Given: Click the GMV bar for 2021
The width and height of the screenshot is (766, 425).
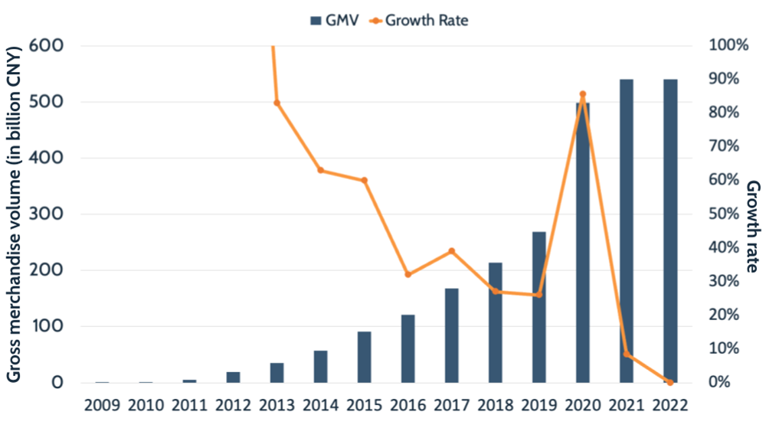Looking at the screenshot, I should pyautogui.click(x=627, y=230).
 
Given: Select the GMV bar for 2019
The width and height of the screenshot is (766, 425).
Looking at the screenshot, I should pyautogui.click(x=539, y=307).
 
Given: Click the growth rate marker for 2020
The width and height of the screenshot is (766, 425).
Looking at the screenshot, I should pyautogui.click(x=583, y=94).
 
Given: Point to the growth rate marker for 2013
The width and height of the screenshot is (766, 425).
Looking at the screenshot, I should pyautogui.click(x=277, y=103).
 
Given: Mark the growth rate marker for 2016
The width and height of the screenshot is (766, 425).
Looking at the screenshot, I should pyautogui.click(x=408, y=274).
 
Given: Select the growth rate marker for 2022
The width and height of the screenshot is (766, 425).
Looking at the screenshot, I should pyautogui.click(x=670, y=382).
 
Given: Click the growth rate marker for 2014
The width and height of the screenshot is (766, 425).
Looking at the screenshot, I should pyautogui.click(x=320, y=170).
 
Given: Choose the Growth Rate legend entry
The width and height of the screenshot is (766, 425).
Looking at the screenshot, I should pyautogui.click(x=417, y=21).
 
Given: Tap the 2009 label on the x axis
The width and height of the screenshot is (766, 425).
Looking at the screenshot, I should pyautogui.click(x=102, y=404).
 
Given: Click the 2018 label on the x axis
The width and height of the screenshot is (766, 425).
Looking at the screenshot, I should pyautogui.click(x=496, y=404).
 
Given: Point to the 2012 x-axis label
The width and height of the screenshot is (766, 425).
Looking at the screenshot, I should pyautogui.click(x=233, y=404).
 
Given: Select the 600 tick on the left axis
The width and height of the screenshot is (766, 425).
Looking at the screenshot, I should pyautogui.click(x=47, y=45).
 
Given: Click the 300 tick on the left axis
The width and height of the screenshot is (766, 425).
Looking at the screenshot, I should pyautogui.click(x=47, y=214).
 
